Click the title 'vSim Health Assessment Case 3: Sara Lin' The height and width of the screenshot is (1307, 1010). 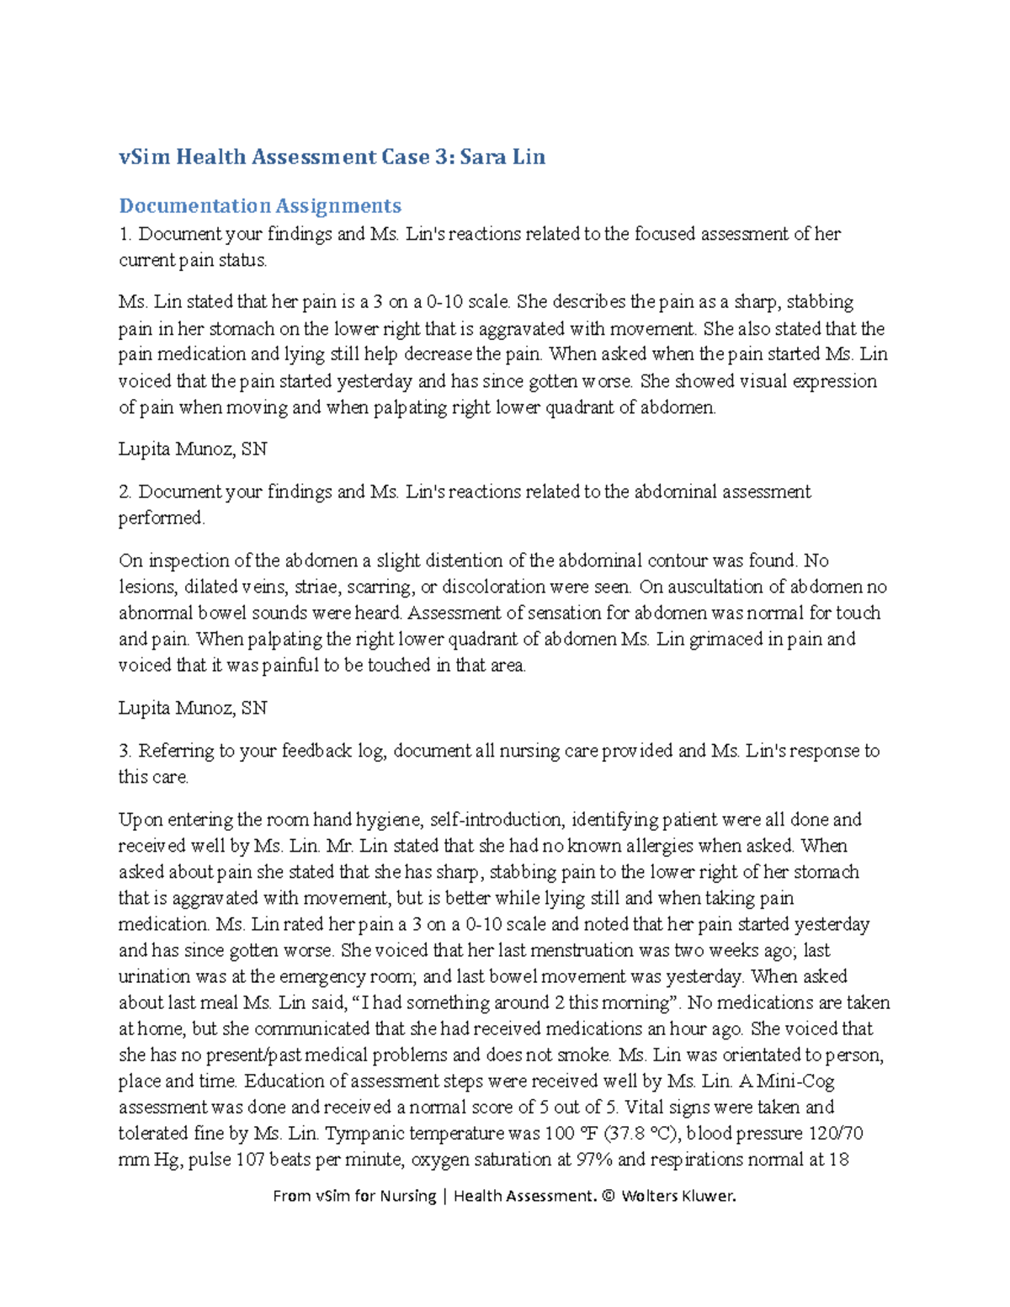pyautogui.click(x=332, y=157)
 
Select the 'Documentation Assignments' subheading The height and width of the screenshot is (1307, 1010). pyautogui.click(x=260, y=206)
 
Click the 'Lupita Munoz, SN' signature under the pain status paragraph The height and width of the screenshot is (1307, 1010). pyautogui.click(x=193, y=449)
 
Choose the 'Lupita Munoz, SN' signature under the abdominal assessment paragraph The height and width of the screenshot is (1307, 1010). pyautogui.click(x=193, y=708)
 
